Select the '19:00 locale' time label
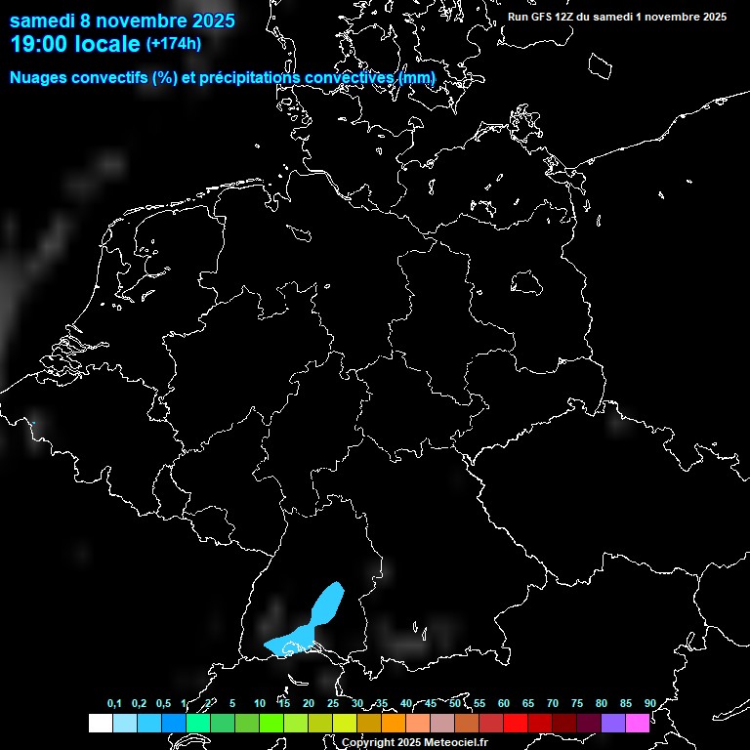point(75,44)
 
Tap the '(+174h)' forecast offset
point(173,43)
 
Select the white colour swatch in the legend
point(100,723)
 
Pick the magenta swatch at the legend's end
point(638,723)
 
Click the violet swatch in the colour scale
point(613,723)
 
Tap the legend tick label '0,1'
point(114,704)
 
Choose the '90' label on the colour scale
point(649,704)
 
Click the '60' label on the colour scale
point(503,704)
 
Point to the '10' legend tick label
point(259,704)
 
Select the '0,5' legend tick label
point(163,704)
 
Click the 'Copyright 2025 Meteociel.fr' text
point(414,742)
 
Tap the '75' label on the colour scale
point(576,704)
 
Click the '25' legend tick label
point(332,704)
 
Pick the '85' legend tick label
point(625,704)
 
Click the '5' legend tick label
point(232,704)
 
